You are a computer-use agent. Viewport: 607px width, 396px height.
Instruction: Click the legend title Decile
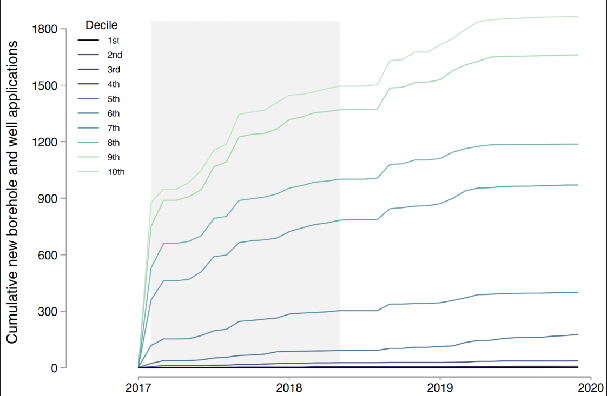pos(101,25)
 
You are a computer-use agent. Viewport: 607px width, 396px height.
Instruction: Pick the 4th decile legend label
pos(114,84)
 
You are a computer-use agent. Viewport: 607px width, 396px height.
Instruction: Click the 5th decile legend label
pos(114,99)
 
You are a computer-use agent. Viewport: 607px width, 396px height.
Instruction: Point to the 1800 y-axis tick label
pos(44,29)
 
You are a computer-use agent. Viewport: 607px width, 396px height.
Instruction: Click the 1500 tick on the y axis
pos(44,85)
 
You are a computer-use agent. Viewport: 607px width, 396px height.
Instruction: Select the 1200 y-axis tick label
pos(44,142)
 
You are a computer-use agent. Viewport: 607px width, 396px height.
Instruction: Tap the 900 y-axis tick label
pos(48,198)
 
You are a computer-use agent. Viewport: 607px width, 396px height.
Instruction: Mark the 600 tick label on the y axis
pos(48,255)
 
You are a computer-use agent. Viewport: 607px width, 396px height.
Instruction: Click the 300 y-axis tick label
pos(48,311)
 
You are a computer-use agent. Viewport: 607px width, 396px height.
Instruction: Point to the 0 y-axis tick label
pos(54,368)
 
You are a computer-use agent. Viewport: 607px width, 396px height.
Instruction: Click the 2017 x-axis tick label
pos(138,388)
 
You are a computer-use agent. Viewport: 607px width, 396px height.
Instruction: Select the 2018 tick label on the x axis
pos(289,388)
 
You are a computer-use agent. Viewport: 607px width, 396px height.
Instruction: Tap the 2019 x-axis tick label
pos(440,388)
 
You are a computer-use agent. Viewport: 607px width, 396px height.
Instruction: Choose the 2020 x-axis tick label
pos(591,388)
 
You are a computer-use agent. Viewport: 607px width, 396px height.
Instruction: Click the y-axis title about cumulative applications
pos(12,192)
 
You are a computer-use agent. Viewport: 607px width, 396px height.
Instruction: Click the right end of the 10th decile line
pos(578,17)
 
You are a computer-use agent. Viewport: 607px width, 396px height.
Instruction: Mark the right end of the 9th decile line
pos(578,55)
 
